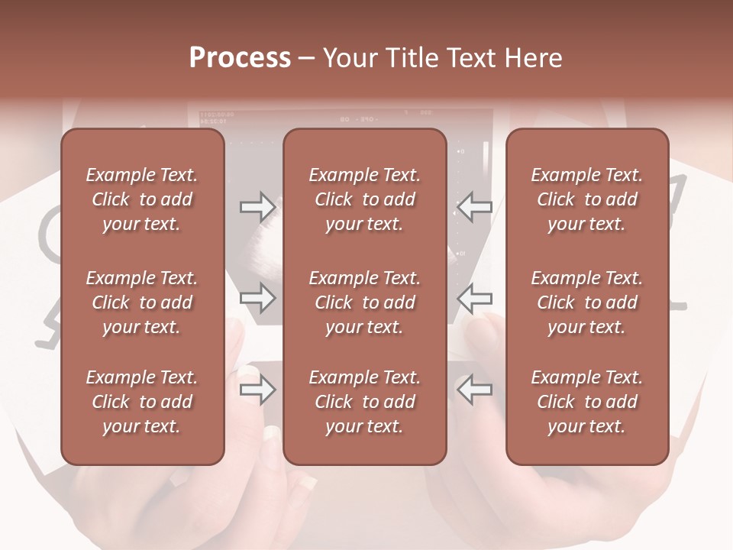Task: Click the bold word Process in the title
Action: [x=240, y=58]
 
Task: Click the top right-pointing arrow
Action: [x=258, y=207]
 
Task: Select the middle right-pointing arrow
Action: [x=258, y=298]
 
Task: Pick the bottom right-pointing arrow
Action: [x=258, y=390]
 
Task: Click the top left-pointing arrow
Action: [x=474, y=207]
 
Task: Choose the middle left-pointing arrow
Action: [x=474, y=298]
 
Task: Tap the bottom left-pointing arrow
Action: [x=474, y=390]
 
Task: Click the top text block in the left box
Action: [x=142, y=199]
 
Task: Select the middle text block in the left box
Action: [x=142, y=302]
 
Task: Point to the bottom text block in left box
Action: [x=142, y=402]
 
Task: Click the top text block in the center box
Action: [x=364, y=199]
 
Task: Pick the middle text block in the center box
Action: [x=364, y=302]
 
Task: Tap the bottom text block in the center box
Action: [x=364, y=402]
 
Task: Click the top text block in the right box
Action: [x=586, y=199]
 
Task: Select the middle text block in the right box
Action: [x=586, y=302]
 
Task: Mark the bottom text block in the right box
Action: [x=586, y=402]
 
